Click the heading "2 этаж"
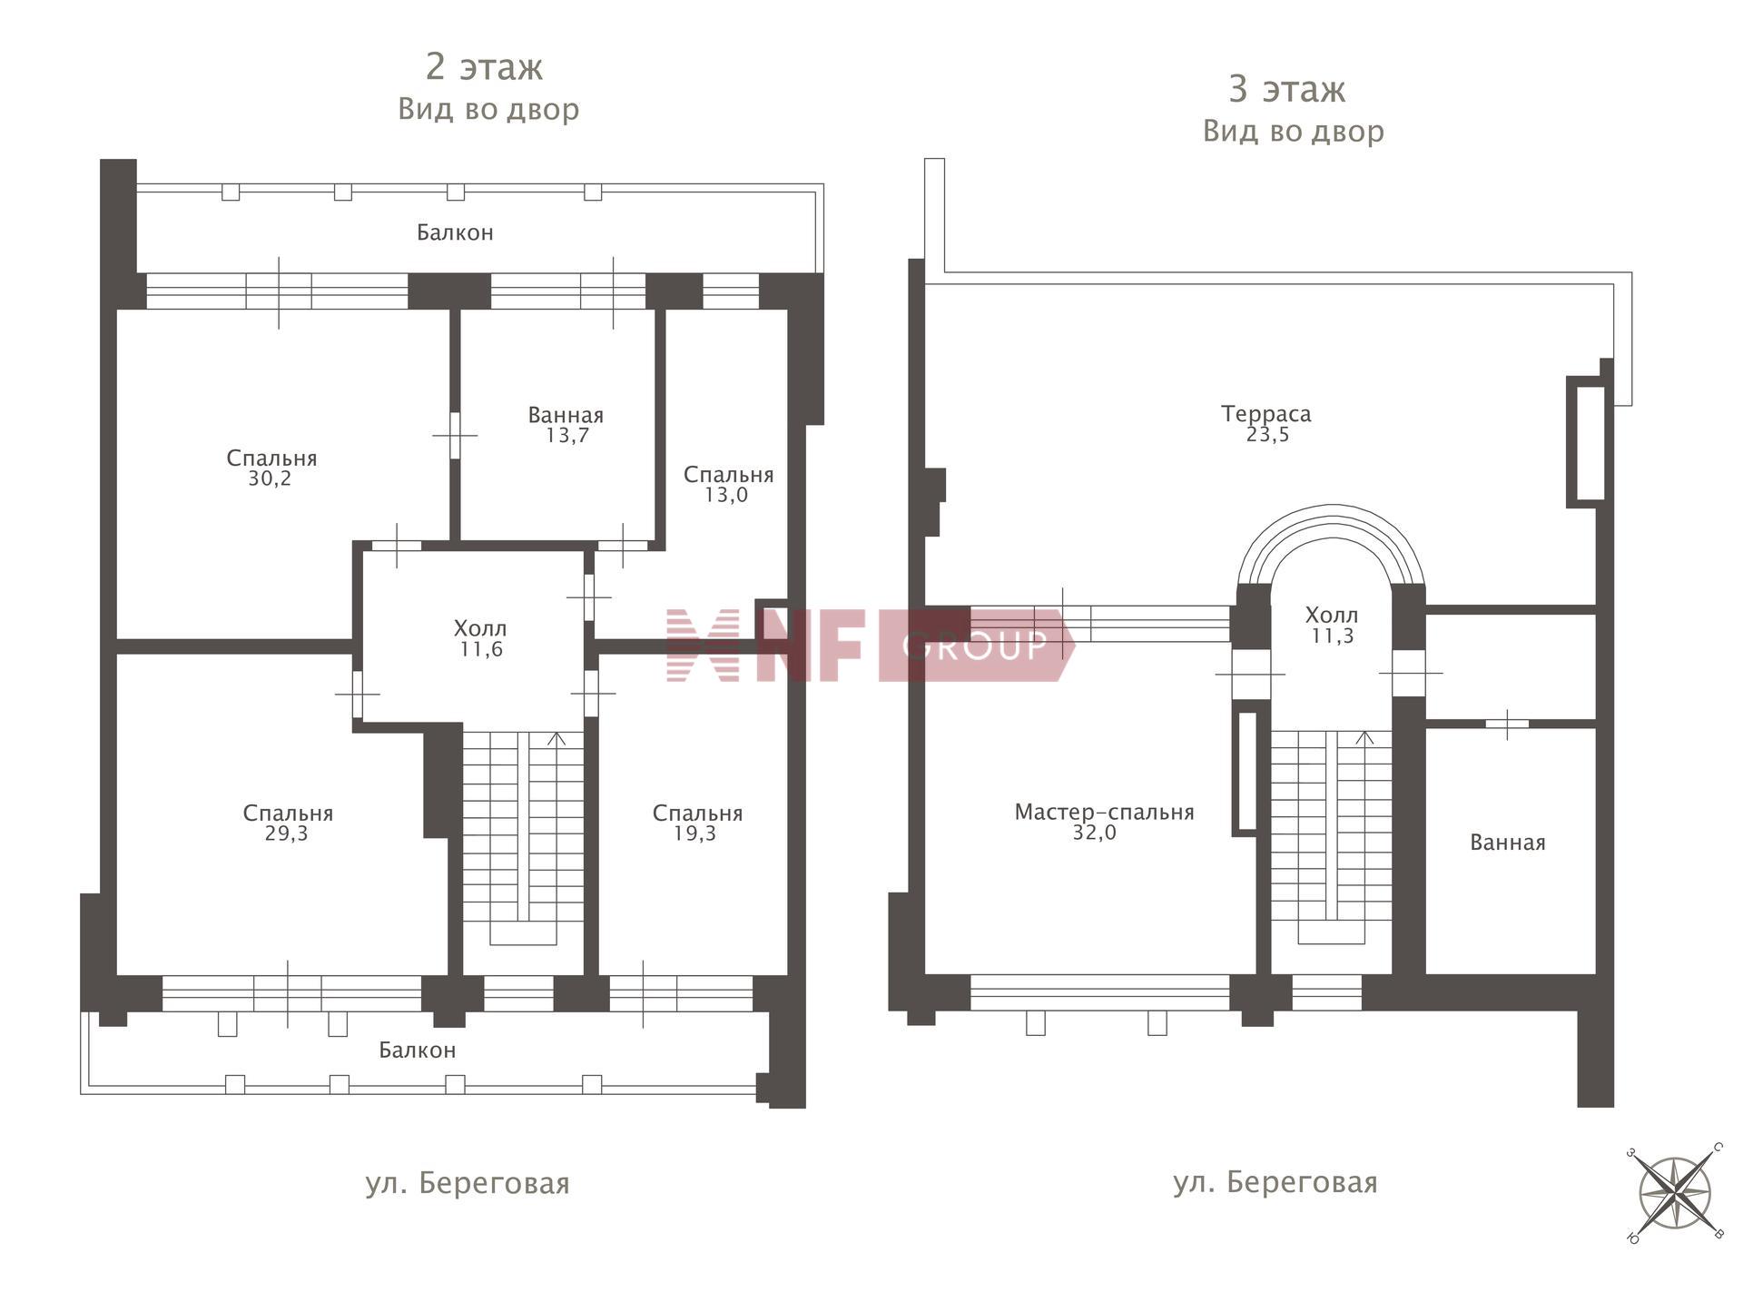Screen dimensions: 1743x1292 pyautogui.click(x=484, y=66)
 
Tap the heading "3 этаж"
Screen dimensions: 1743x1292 pyautogui.click(x=1286, y=89)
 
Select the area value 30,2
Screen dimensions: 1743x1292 pyautogui.click(x=270, y=479)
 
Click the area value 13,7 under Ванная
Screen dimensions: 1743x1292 pyautogui.click(x=566, y=436)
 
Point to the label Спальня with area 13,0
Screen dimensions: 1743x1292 pyautogui.click(x=728, y=474)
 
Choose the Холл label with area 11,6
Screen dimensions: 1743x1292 pyautogui.click(x=480, y=628)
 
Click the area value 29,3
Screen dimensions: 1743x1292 pyautogui.click(x=286, y=833)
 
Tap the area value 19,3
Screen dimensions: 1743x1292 pyautogui.click(x=694, y=833)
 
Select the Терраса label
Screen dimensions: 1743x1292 pyautogui.click(x=1265, y=414)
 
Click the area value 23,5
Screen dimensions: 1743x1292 pyautogui.click(x=1267, y=435)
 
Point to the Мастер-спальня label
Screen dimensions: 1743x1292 pyautogui.click(x=1104, y=812)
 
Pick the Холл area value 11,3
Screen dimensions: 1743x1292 pyautogui.click(x=1332, y=636)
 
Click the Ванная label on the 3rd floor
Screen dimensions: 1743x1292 pyautogui.click(x=1507, y=843)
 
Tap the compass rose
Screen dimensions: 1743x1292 pyautogui.click(x=1675, y=1193)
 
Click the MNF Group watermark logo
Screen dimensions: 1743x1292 pyautogui.click(x=870, y=646)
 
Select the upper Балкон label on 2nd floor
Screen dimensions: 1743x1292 pyautogui.click(x=455, y=232)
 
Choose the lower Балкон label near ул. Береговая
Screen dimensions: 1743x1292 pyautogui.click(x=417, y=1050)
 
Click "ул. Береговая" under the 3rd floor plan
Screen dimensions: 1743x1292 pyautogui.click(x=1275, y=1182)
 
